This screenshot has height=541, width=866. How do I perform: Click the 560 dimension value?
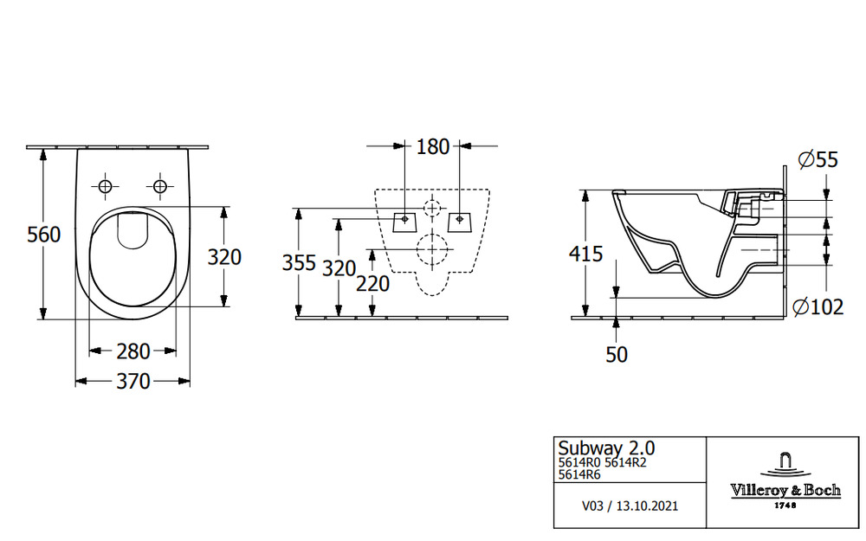click(43, 235)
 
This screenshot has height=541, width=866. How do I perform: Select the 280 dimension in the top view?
click(133, 351)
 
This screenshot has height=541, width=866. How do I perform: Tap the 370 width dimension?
click(133, 381)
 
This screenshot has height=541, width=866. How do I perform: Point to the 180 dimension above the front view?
click(433, 147)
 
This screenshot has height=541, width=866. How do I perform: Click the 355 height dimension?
click(299, 263)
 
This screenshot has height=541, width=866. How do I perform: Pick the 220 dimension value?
click(373, 283)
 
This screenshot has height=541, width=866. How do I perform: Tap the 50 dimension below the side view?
click(616, 354)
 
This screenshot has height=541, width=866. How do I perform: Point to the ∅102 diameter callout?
click(818, 306)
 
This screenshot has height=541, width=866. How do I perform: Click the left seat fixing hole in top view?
click(106, 186)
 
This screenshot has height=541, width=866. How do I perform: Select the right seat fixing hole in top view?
click(159, 186)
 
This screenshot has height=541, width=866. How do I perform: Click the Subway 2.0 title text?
click(606, 448)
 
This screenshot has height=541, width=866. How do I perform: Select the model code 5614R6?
click(580, 474)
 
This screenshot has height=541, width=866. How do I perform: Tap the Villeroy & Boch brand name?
click(785, 490)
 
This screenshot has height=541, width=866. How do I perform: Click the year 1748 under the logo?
click(785, 505)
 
